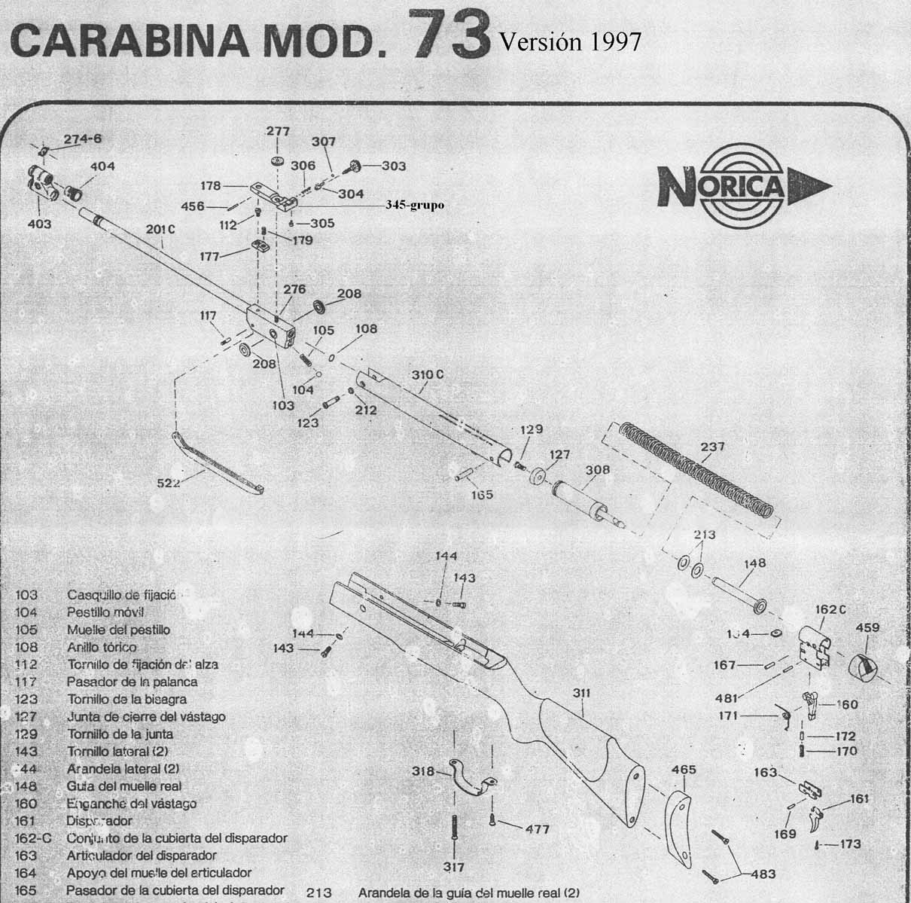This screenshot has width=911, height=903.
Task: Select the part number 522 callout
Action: pos(168,483)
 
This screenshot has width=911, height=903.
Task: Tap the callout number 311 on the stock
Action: pos(580,692)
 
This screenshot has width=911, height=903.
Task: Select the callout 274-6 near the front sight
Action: pos(83,139)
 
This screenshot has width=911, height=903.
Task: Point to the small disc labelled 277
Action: pos(277,162)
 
